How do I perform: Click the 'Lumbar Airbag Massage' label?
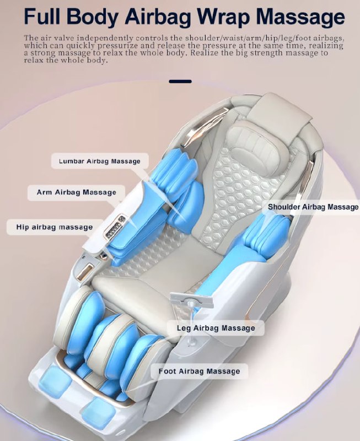(100, 161)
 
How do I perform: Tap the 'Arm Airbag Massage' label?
(76, 192)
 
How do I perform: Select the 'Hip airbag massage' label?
(54, 227)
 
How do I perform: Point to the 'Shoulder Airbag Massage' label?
(313, 207)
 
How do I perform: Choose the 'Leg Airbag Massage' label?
(216, 328)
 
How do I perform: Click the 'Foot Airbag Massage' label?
(199, 371)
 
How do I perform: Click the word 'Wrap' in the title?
(224, 18)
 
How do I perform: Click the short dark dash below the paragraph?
(180, 81)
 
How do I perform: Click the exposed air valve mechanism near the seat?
(191, 302)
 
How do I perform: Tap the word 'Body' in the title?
(92, 18)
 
